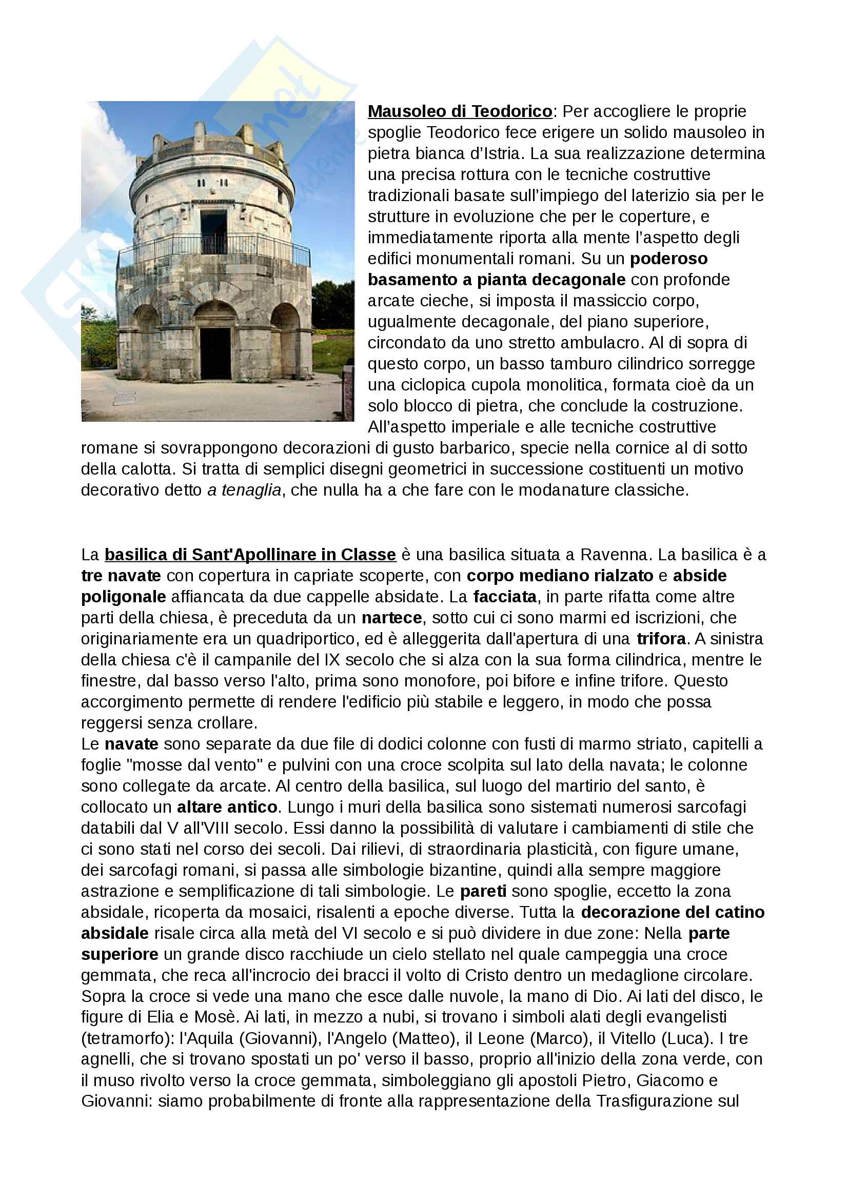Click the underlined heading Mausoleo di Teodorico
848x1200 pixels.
[460, 111]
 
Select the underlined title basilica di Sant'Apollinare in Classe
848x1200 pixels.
[250, 554]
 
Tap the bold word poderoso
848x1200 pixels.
[669, 258]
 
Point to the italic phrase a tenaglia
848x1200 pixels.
[245, 490]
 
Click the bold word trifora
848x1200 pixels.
[661, 639]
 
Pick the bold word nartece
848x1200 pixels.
[392, 617]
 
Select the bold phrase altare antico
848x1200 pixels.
[227, 807]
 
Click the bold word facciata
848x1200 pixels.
[505, 596]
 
